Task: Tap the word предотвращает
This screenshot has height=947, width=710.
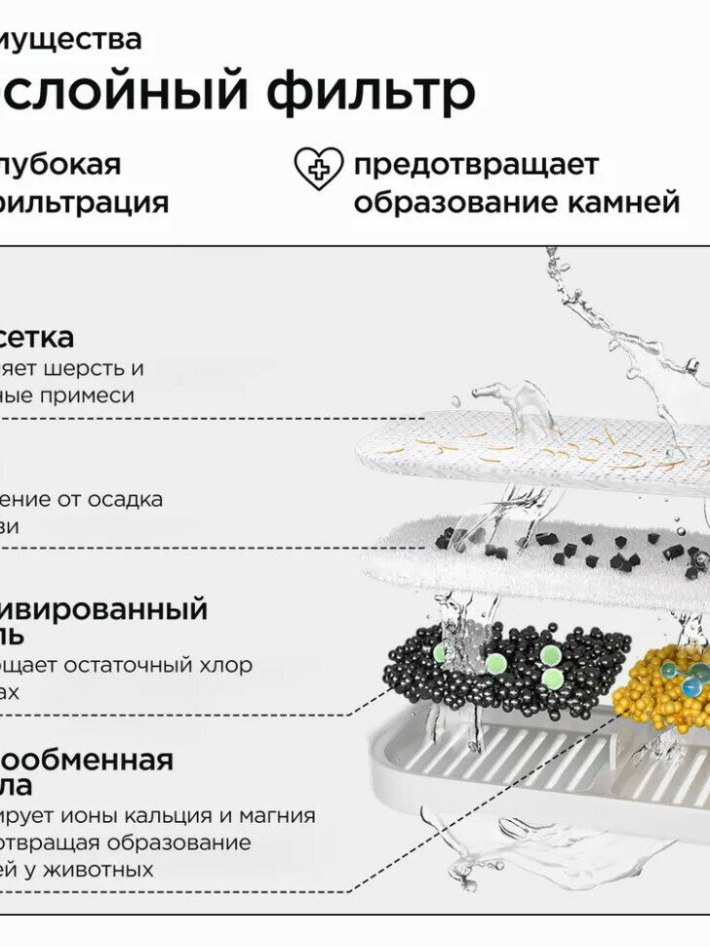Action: click(x=476, y=164)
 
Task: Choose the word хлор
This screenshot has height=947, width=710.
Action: click(x=226, y=665)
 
